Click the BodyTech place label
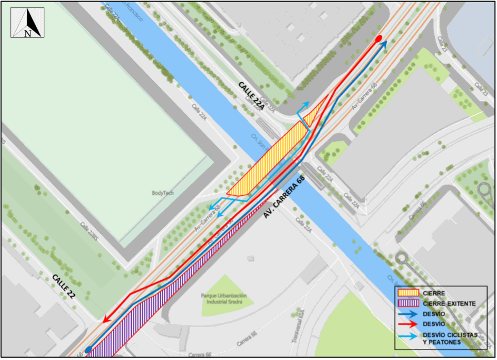coord(162,193)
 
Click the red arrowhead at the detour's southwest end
coord(106,320)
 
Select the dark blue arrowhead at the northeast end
coord(384,44)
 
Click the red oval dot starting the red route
coord(379,38)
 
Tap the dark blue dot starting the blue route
coord(89,349)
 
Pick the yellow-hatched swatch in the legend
coord(408,293)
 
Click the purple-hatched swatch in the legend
coord(408,303)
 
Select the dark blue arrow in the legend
coord(408,313)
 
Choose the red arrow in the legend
coord(408,323)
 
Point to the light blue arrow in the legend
coord(408,335)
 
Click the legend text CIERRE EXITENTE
coord(449,303)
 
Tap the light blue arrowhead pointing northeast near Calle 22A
coord(307,104)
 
